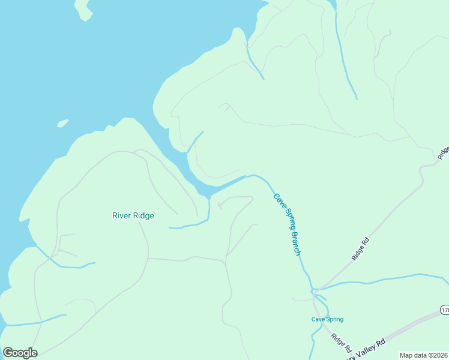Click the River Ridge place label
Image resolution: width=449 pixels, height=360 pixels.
[x=133, y=216]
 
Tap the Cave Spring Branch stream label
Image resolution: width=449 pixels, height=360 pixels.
[x=287, y=224]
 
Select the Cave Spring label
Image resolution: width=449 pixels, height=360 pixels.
[x=327, y=319]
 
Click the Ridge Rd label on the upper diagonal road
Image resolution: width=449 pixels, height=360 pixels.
[x=360, y=249]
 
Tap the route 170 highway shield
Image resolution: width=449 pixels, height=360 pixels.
[x=444, y=310]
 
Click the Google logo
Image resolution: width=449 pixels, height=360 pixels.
[x=20, y=353]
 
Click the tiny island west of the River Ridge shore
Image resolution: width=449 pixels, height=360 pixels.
[x=62, y=124]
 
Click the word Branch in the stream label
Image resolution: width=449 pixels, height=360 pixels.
[x=294, y=242]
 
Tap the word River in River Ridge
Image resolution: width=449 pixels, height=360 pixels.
[x=121, y=216]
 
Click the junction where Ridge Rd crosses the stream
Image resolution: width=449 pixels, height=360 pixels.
[x=314, y=291]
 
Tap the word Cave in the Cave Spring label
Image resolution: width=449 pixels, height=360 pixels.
[x=317, y=319]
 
